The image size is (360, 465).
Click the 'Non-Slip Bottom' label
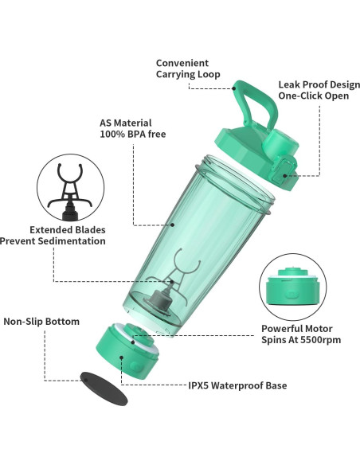pyautogui.click(x=41, y=322)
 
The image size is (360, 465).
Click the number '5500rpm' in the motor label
pyautogui.click(x=311, y=339)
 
